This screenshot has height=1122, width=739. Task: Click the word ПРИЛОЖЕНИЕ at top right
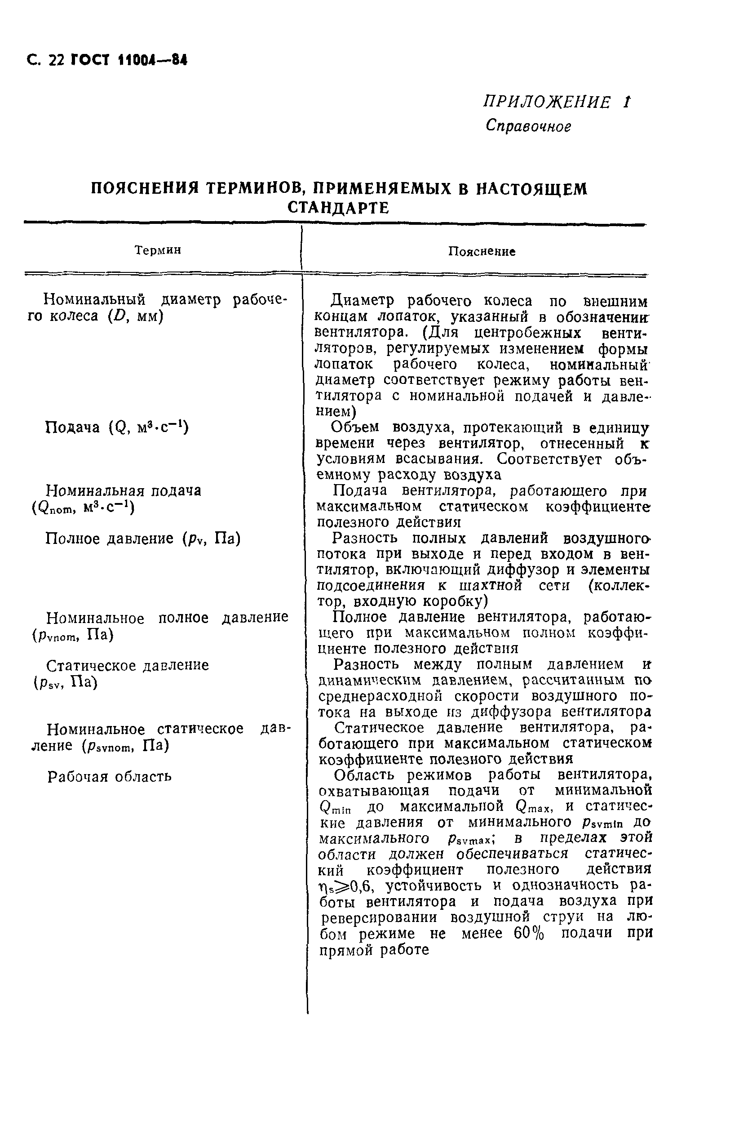[x=547, y=102]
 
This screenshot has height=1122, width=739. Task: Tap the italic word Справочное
[x=528, y=126]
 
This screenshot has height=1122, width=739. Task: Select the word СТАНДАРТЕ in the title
[x=338, y=208]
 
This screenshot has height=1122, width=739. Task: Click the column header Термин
[x=158, y=250]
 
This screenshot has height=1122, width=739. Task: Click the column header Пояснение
[x=481, y=251]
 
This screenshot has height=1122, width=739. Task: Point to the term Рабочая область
[x=109, y=776]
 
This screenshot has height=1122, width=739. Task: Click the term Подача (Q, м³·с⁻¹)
[x=116, y=427]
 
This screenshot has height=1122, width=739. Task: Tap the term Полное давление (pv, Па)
[x=143, y=538]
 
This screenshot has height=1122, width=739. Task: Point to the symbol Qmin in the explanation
[x=335, y=807]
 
